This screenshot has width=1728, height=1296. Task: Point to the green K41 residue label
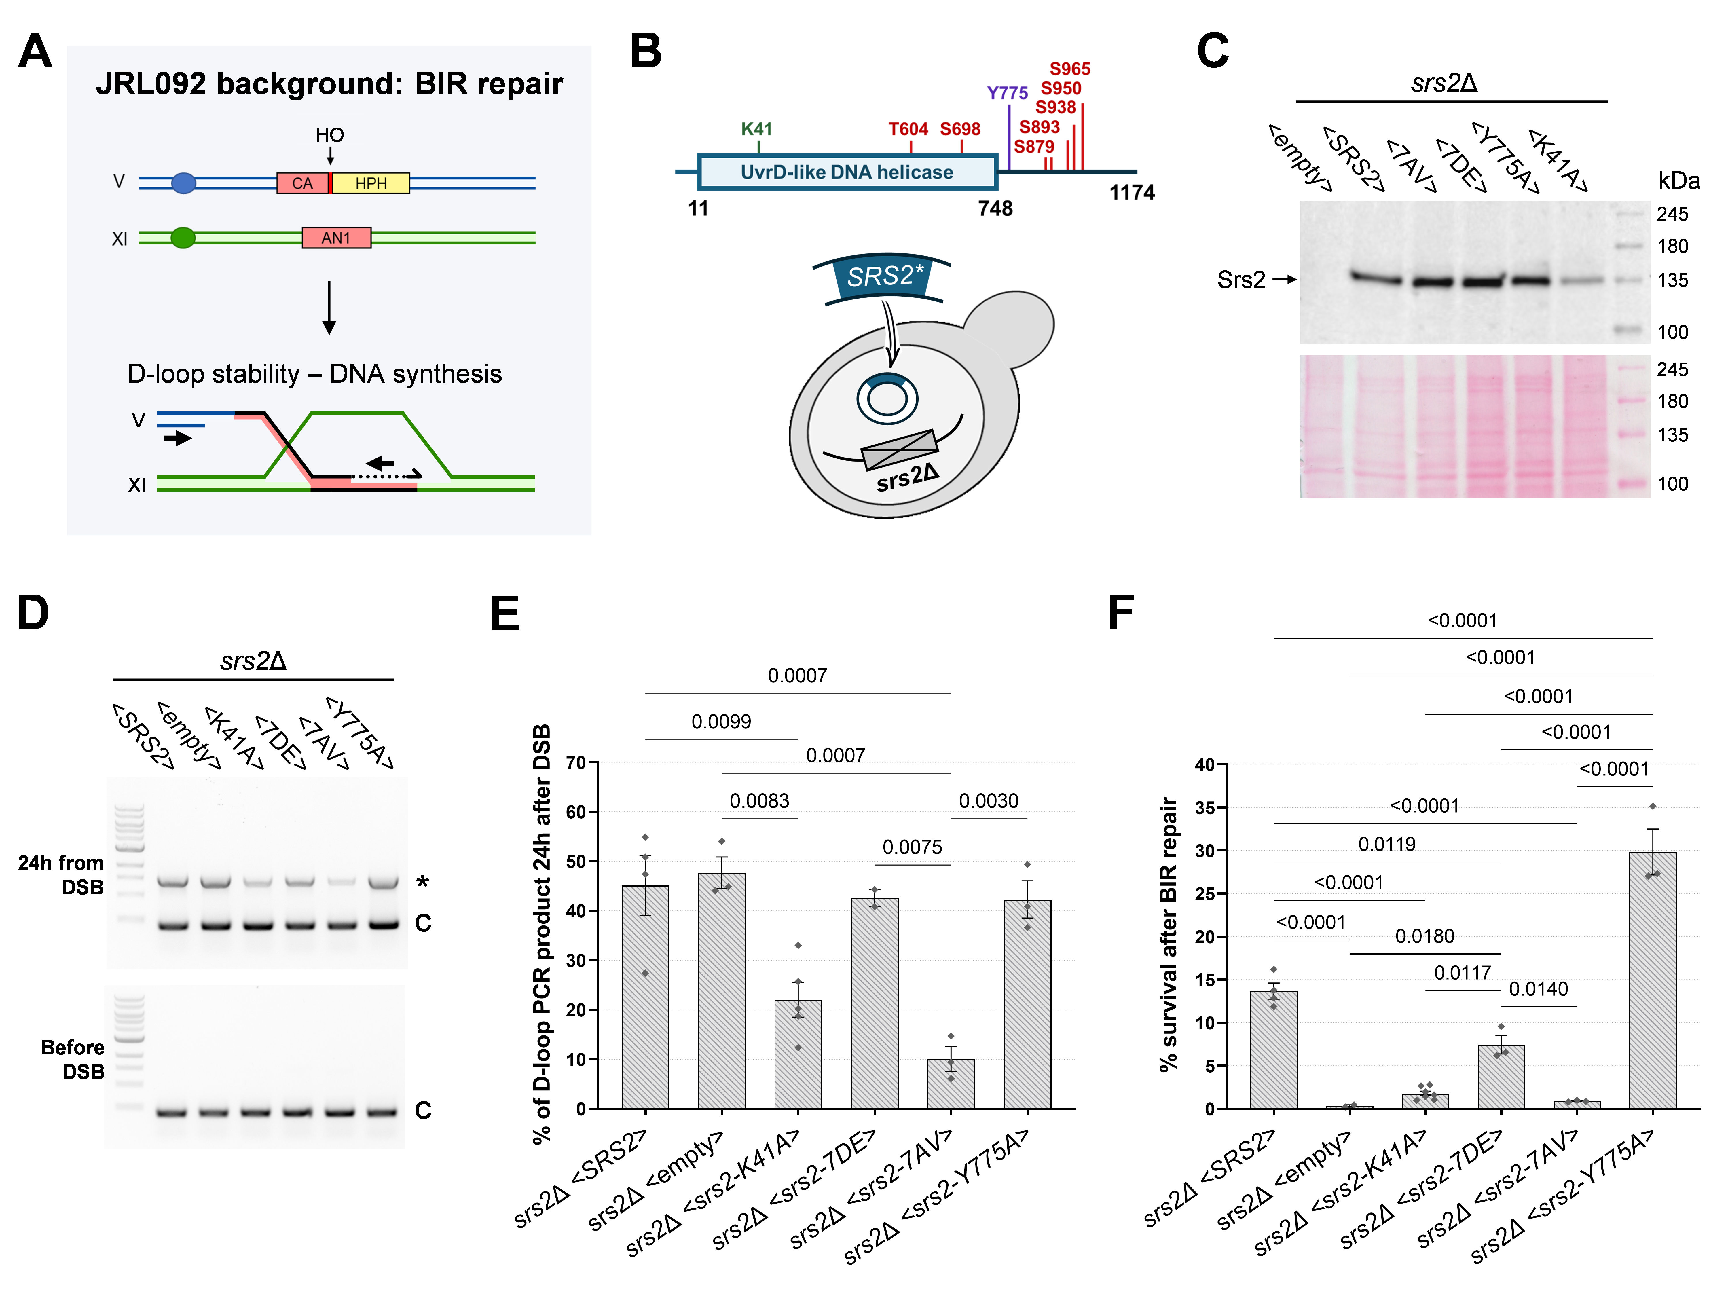click(756, 129)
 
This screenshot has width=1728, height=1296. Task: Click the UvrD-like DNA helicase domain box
click(847, 172)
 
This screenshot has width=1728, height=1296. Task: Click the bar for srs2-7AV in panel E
click(951, 1084)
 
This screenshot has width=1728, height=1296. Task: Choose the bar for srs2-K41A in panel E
click(798, 1054)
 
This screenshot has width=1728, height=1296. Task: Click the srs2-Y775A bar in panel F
click(1652, 980)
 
